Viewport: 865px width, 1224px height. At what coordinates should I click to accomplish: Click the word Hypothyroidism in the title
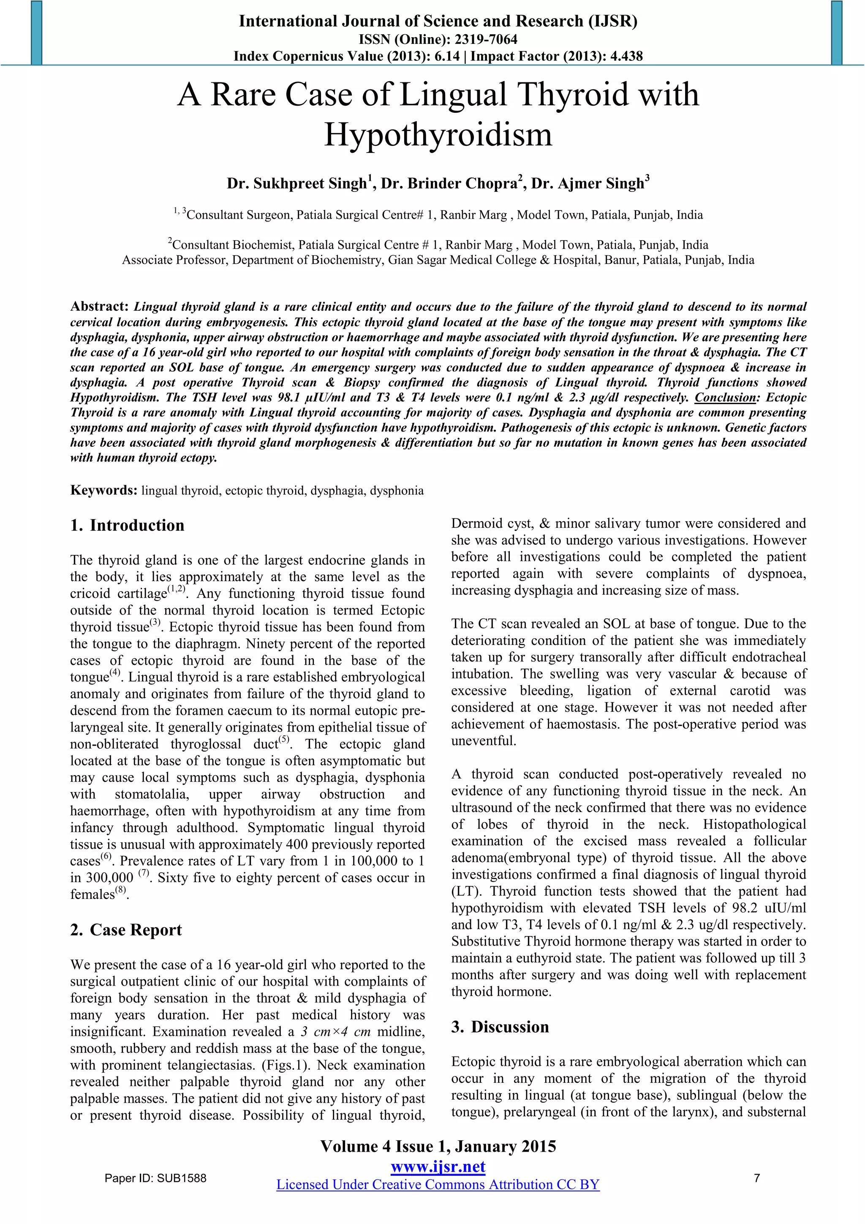(x=438, y=134)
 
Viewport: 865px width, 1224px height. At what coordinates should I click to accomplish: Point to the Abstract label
(x=99, y=306)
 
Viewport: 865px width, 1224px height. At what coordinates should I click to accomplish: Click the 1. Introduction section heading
(x=127, y=525)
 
